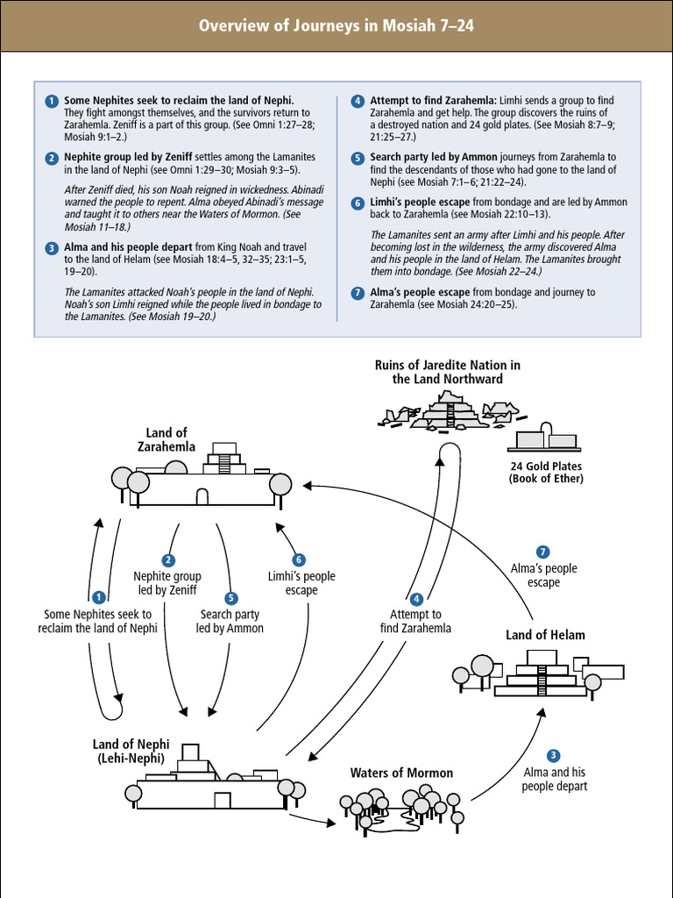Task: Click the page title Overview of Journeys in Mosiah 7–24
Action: [x=336, y=25]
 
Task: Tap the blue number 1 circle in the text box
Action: [x=53, y=101]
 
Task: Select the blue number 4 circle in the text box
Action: [x=358, y=101]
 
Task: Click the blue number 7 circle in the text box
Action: [x=358, y=293]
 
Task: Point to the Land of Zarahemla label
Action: [x=166, y=439]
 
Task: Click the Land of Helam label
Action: [x=545, y=635]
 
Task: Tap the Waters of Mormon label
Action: [x=401, y=773]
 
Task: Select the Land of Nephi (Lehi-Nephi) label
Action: [x=131, y=752]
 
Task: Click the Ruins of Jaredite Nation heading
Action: [x=447, y=372]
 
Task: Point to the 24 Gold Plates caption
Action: [x=546, y=472]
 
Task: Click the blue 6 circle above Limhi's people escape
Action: [x=299, y=559]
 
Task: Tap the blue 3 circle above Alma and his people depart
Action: [x=553, y=755]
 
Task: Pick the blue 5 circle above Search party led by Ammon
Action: [x=230, y=598]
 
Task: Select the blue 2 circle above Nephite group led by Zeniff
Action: [x=167, y=559]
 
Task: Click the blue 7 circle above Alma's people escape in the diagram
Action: [x=543, y=552]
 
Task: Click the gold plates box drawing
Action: [x=545, y=438]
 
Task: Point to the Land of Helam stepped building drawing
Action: [x=542, y=674]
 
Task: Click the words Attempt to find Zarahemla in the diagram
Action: [x=416, y=621]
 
